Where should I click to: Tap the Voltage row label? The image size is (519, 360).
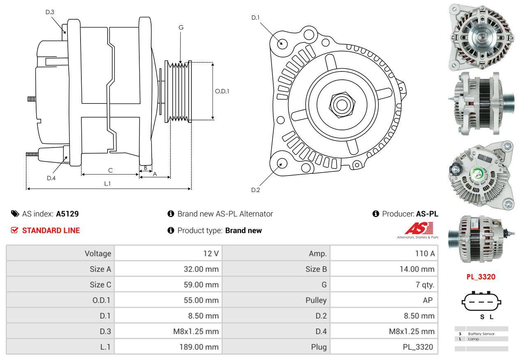(x=98, y=254)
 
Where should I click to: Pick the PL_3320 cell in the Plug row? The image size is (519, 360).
(x=418, y=347)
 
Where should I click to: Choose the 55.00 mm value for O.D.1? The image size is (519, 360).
(x=201, y=300)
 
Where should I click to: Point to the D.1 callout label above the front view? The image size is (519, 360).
(x=256, y=18)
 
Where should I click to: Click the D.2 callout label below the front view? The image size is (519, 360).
(x=256, y=190)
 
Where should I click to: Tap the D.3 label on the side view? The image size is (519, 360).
(x=50, y=12)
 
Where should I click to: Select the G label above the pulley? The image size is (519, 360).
(x=181, y=28)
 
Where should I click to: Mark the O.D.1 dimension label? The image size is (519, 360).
(x=222, y=91)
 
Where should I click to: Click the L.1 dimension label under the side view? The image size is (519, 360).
(x=107, y=184)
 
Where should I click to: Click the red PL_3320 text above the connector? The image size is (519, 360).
(x=480, y=277)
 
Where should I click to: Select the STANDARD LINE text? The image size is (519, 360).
(x=51, y=231)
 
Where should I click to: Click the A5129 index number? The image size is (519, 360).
(x=67, y=214)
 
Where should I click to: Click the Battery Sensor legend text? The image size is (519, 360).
(x=481, y=334)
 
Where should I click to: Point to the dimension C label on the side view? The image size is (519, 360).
(x=110, y=170)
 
